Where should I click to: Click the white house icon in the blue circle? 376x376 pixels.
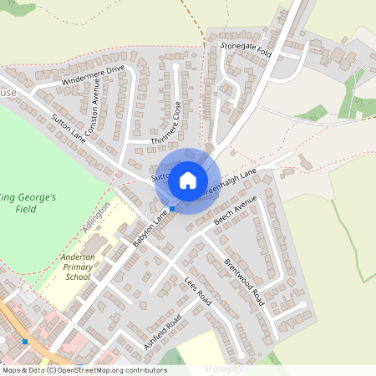tap(188, 180)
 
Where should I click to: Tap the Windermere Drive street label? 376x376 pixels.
tap(93, 75)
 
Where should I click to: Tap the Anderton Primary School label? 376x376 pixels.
tap(78, 267)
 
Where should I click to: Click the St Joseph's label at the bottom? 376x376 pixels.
tap(224, 367)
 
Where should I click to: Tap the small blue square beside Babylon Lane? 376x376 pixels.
tap(172, 208)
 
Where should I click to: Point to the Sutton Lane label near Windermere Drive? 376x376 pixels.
tap(68, 125)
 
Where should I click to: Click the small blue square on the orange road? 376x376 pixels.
tap(26, 341)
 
